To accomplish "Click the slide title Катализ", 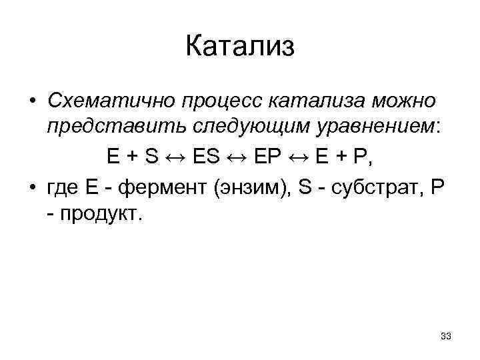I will [x=239, y=47].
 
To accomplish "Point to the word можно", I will [x=403, y=102].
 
